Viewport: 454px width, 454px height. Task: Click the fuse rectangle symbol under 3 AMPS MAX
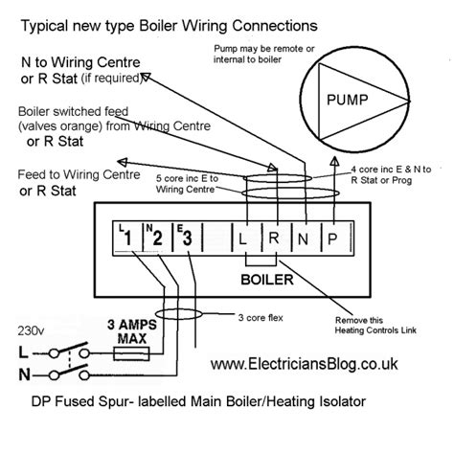[124, 353]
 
